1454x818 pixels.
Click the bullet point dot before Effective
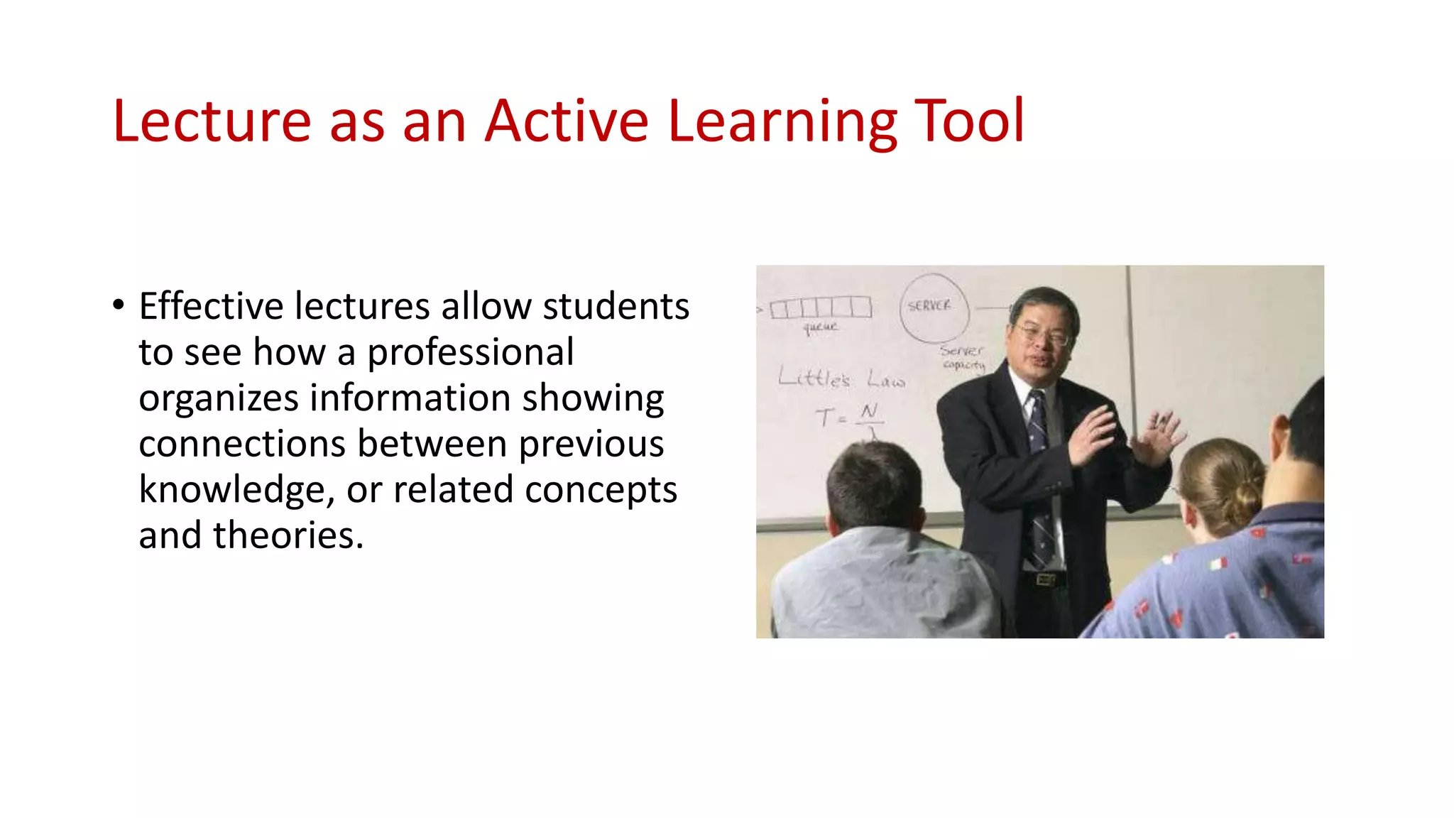pos(119,305)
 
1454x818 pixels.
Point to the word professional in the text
pos(470,353)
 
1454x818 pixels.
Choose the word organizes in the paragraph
pos(218,398)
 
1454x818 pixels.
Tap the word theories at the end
pos(288,535)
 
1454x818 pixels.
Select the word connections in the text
pos(242,445)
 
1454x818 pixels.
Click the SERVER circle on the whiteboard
pos(933,307)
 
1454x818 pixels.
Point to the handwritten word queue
pos(820,327)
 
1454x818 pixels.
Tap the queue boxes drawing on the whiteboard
pos(820,307)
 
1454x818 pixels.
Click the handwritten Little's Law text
pos(841,378)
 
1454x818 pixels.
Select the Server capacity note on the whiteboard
pos(963,357)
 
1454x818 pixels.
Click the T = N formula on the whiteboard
pos(848,417)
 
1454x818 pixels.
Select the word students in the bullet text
pos(616,307)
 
